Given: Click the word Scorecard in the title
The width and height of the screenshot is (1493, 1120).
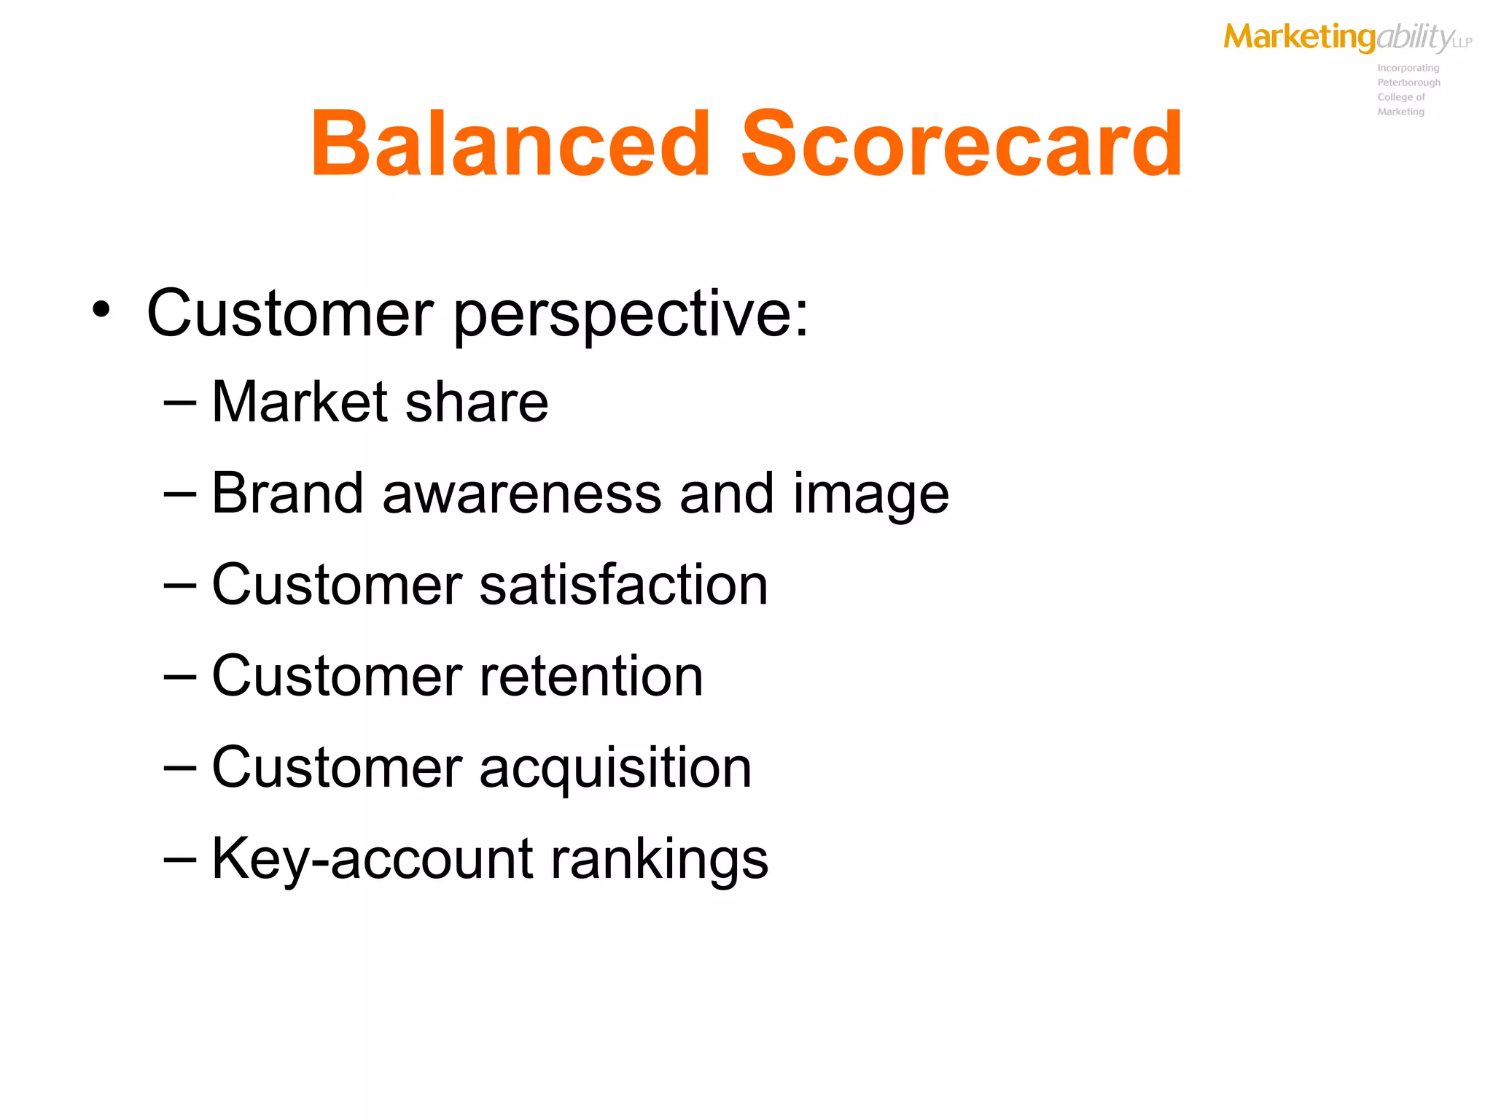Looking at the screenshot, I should tap(961, 144).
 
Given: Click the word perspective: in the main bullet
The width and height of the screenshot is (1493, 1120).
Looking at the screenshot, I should tap(631, 315).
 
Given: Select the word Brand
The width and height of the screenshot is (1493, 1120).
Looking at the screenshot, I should tap(287, 494).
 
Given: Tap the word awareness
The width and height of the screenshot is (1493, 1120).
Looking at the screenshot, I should tap(522, 494).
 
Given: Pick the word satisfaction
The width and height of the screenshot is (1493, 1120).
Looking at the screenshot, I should tap(623, 585).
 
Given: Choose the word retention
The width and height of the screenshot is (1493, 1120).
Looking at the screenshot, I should tap(591, 676).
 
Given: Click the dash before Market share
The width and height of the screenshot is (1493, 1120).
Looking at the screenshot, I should tap(180, 403).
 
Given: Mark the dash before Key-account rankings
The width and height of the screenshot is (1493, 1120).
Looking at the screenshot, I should tap(180, 860).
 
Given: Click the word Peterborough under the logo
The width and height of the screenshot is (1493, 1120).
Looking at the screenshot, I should tap(1408, 82).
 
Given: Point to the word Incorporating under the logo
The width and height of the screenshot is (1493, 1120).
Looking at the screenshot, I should tap(1408, 68).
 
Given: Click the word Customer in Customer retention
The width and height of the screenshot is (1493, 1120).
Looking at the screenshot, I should tap(337, 676).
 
